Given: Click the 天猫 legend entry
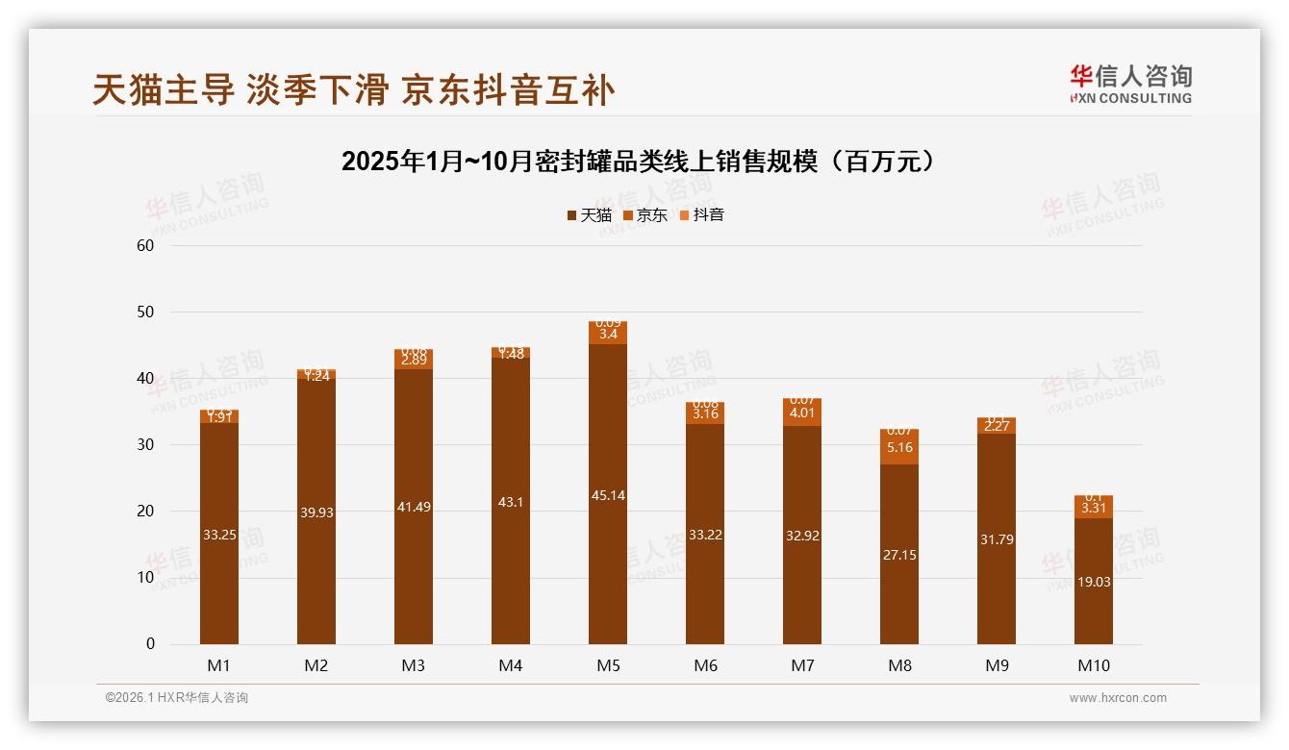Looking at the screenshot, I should click(x=590, y=215).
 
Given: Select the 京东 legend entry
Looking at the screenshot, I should click(x=645, y=215).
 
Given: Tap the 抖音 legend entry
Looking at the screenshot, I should click(x=702, y=215).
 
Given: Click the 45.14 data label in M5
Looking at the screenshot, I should click(x=608, y=495).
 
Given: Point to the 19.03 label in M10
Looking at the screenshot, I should click(x=1094, y=582).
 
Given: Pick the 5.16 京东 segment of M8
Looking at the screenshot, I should click(x=899, y=448).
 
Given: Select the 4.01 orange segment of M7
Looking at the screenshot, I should click(x=802, y=413).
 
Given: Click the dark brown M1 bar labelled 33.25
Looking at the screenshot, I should click(x=219, y=535).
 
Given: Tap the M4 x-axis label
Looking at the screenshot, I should click(x=511, y=665).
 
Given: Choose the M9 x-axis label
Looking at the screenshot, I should click(x=997, y=665).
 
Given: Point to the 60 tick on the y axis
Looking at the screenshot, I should click(x=145, y=245).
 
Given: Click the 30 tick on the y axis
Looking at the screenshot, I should click(x=145, y=445).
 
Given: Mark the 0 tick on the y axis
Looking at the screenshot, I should click(x=150, y=644).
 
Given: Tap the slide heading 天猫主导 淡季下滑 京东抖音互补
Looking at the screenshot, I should click(x=353, y=90).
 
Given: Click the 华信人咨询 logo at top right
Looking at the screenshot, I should click(x=1130, y=84).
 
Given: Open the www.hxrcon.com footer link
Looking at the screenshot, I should click(x=1118, y=698).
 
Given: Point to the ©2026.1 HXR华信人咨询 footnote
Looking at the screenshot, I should click(x=177, y=698).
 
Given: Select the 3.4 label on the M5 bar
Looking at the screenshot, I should click(x=608, y=335).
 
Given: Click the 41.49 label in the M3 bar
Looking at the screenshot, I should click(x=414, y=507).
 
